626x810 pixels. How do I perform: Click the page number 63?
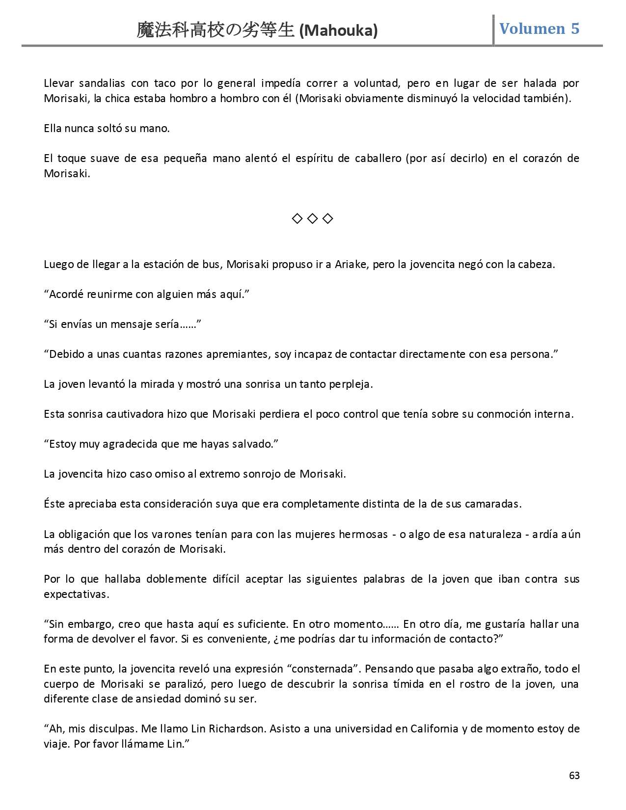point(574,776)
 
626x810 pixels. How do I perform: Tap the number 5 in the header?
point(575,28)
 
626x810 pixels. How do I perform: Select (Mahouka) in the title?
point(338,31)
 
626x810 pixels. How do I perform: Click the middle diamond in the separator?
point(312,218)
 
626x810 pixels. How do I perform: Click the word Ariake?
point(350,264)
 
